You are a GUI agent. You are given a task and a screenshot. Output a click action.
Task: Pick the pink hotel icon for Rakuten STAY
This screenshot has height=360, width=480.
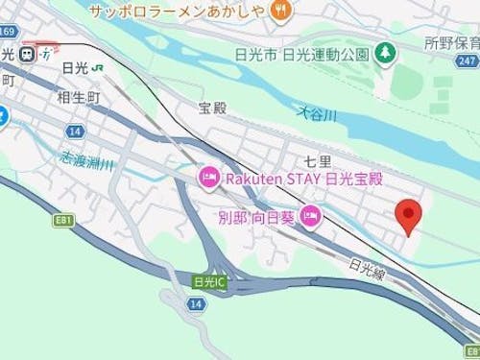(x=208, y=177)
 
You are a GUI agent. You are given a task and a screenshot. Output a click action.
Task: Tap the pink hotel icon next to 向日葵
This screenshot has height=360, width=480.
(x=310, y=217)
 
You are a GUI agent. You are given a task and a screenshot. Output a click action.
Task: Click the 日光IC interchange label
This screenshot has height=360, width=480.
(x=207, y=281)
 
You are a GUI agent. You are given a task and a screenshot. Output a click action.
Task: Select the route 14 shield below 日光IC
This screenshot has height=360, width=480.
(x=195, y=303)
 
